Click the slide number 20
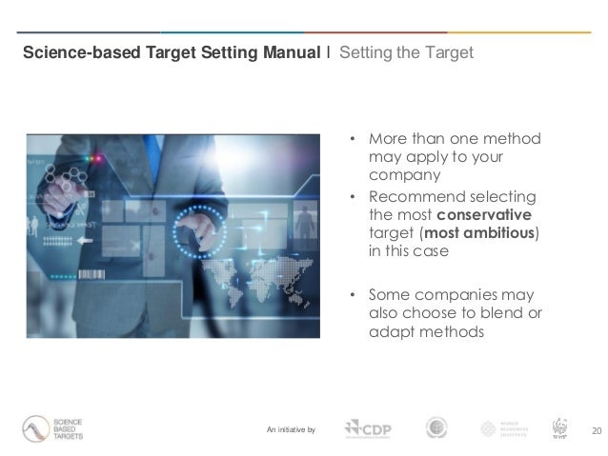597,430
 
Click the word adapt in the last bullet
389,331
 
